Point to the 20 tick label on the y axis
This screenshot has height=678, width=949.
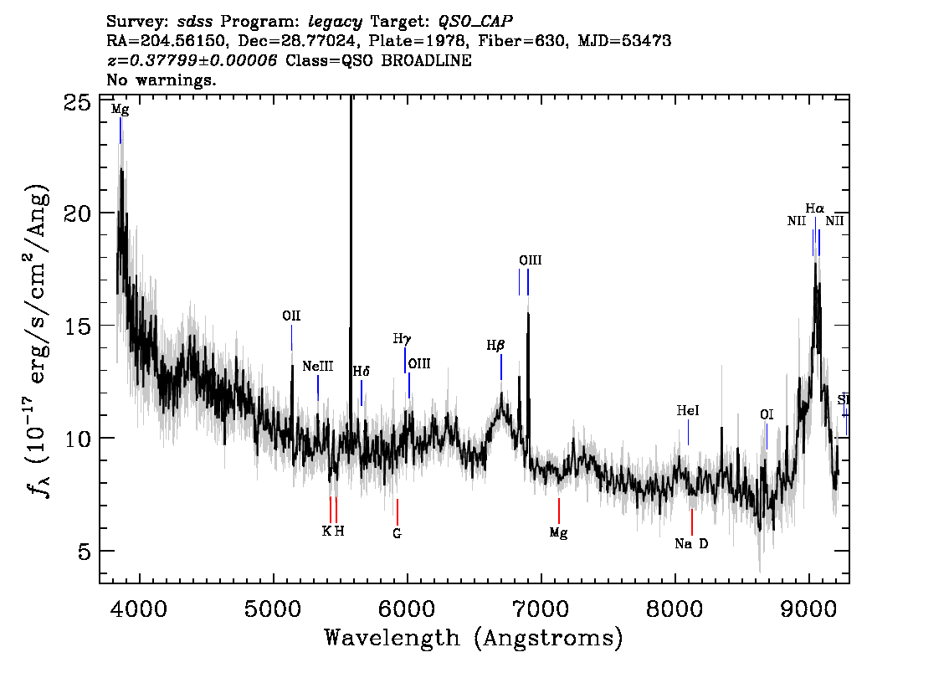point(77,213)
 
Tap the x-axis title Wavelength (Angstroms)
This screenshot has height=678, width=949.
point(474,638)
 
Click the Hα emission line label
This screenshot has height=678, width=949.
point(814,209)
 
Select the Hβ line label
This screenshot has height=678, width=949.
point(495,346)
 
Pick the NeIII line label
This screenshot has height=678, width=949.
point(318,367)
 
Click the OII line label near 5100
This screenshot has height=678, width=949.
point(291,316)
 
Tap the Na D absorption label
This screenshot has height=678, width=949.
point(691,543)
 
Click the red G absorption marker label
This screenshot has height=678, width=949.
point(397,533)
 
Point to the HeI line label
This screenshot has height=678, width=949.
point(688,411)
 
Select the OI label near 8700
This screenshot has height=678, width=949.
point(767,414)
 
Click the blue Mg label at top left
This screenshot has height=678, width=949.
point(120,110)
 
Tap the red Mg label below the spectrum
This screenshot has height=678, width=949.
point(559,533)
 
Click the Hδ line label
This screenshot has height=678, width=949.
point(362,371)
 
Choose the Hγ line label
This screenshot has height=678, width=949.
point(402,339)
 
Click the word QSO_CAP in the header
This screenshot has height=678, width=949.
point(475,22)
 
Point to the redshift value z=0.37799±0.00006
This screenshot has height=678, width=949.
point(192,60)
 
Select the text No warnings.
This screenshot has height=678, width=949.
point(162,80)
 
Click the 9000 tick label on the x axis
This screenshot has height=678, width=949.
point(808,609)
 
